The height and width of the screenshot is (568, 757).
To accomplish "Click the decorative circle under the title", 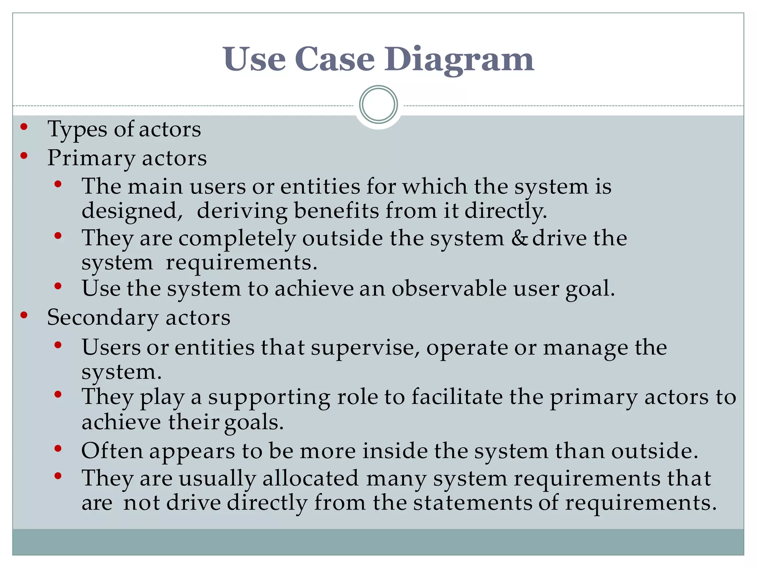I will coord(378,105).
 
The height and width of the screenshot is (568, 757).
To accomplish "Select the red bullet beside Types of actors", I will coord(24,127).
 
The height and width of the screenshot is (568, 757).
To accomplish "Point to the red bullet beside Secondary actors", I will coord(24,315).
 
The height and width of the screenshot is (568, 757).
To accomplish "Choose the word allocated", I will coord(310,478).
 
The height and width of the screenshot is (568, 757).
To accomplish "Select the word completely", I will coord(237,239).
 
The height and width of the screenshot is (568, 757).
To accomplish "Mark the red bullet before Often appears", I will coord(58,449).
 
